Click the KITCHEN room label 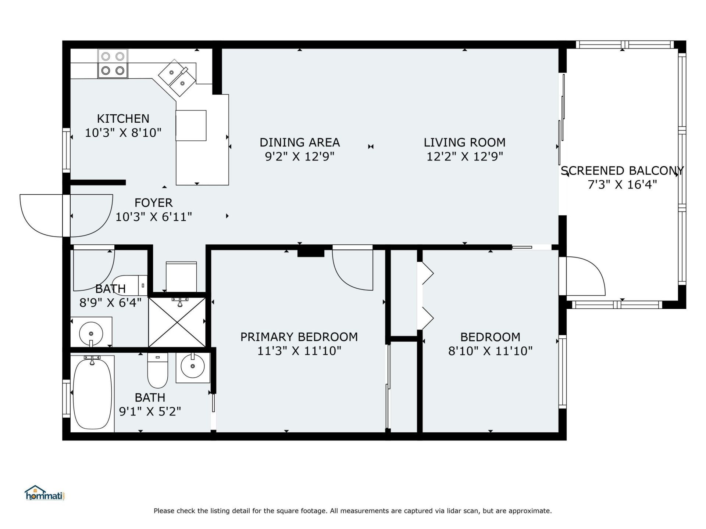coord(123,119)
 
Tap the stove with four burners coord(113,64)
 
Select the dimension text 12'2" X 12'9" coord(464,157)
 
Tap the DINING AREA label coord(299,143)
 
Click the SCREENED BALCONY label coord(622,171)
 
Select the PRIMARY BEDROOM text coord(299,337)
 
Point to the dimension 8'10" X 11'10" coord(490,351)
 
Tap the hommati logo coord(44,493)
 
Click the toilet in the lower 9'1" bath coord(157,370)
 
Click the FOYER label coord(153,203)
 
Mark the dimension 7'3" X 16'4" coord(622,185)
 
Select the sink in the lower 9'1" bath coord(192,367)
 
